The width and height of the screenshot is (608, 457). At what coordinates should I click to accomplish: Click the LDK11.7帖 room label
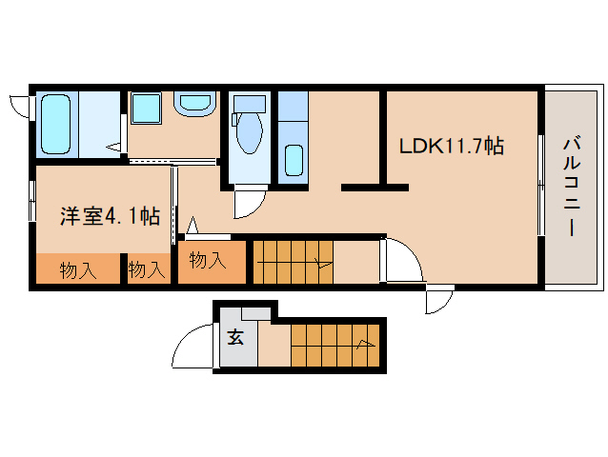(x=451, y=147)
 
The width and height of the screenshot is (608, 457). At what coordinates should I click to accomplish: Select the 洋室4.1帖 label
(x=110, y=216)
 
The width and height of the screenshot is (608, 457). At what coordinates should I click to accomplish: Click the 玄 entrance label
(x=233, y=336)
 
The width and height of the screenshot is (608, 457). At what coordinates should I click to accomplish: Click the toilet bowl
(x=249, y=133)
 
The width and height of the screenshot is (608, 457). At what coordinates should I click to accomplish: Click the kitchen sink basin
(x=294, y=159)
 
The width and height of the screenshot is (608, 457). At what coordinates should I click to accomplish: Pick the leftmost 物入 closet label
(x=78, y=270)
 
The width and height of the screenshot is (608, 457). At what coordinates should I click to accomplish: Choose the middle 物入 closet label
(x=147, y=270)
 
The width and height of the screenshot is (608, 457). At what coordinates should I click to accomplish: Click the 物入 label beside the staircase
(x=207, y=259)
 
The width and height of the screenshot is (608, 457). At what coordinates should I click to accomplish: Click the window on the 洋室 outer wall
(x=31, y=202)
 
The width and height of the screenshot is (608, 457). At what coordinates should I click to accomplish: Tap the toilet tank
(x=249, y=104)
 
